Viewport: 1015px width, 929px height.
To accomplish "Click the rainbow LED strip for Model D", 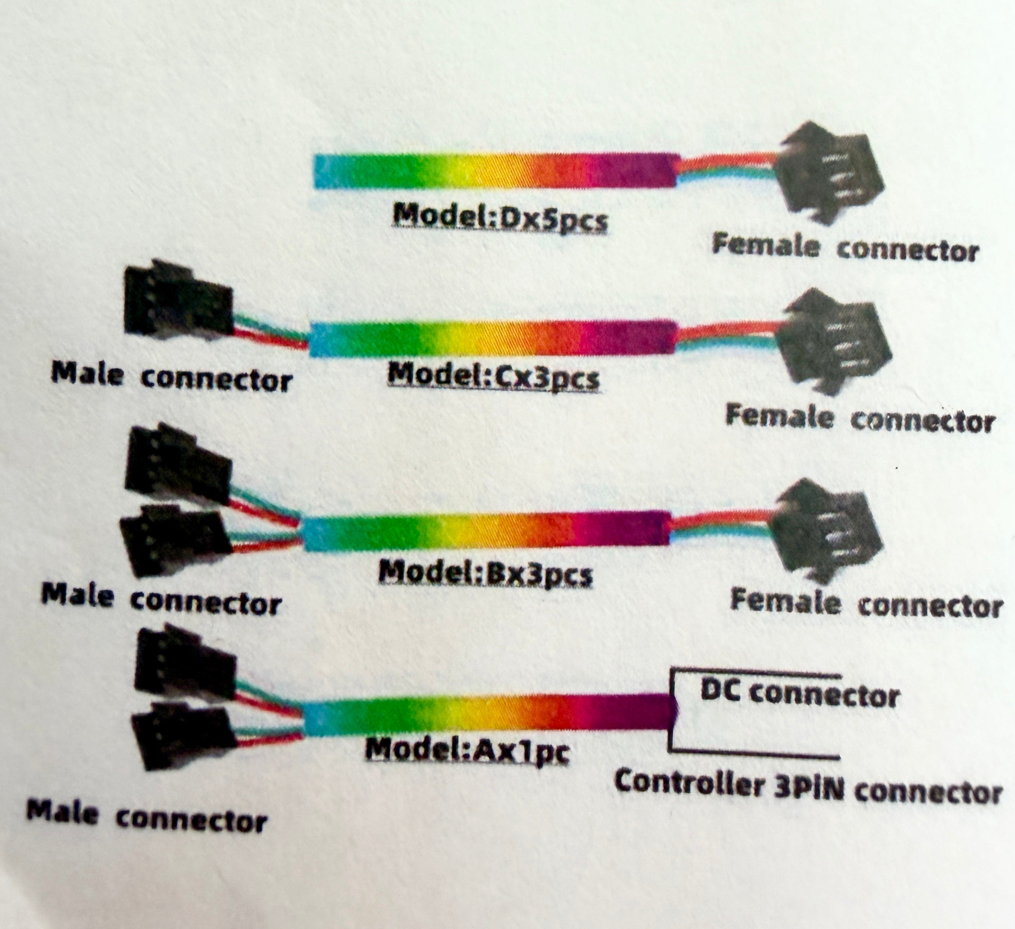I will (x=493, y=171).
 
